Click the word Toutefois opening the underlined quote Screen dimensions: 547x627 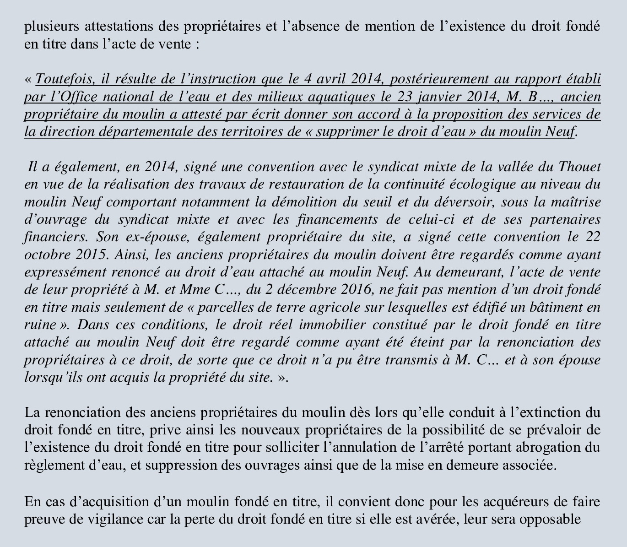pyautogui.click(x=64, y=79)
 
